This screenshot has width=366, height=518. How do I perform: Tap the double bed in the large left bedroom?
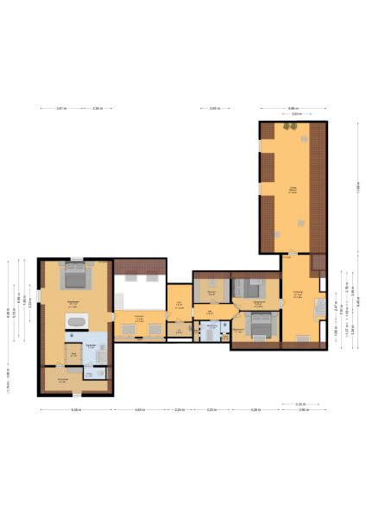[x=75, y=276]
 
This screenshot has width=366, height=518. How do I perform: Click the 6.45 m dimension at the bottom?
[x=75, y=409]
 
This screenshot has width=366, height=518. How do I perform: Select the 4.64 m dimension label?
[x=140, y=409]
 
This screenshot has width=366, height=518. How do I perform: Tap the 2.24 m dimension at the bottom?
[x=179, y=409]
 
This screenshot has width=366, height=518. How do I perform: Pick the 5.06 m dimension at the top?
[x=293, y=108]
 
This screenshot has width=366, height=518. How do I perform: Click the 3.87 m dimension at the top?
[x=61, y=108]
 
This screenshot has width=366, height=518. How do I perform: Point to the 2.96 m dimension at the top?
[x=98, y=108]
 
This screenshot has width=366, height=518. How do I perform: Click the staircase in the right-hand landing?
[x=320, y=306]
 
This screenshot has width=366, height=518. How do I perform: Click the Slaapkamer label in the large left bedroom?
[x=73, y=301]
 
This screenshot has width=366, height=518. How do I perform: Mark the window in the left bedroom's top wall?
[x=75, y=258]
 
